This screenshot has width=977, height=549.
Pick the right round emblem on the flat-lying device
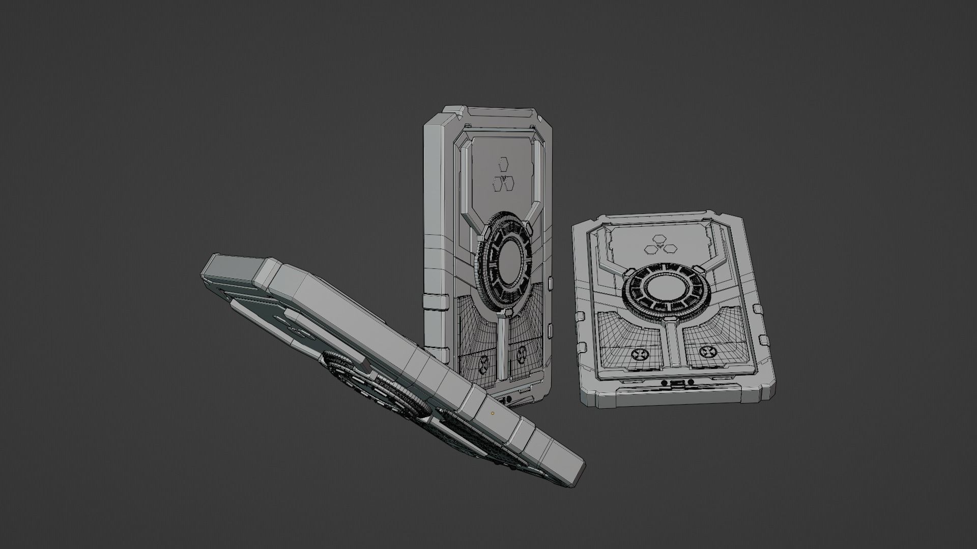click(x=708, y=350)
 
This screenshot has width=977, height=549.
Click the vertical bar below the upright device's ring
click(x=502, y=351)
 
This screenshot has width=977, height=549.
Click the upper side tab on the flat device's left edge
click(x=580, y=316)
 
